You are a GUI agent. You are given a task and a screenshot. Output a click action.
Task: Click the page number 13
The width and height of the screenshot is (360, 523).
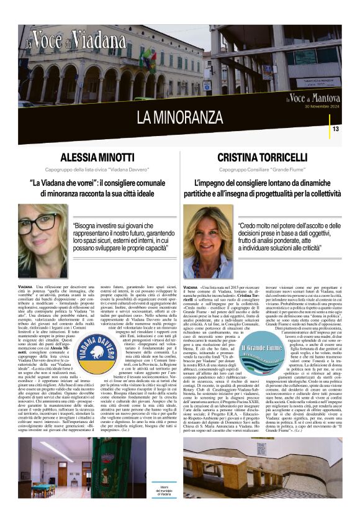(x=335, y=129)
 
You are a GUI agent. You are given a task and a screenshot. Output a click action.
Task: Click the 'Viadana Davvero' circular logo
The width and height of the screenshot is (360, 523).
(x=99, y=357)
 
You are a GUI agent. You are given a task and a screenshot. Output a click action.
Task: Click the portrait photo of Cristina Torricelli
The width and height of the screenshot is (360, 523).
(x=207, y=242)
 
